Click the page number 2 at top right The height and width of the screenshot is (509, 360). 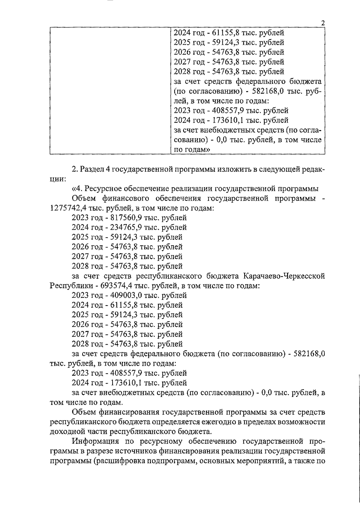tap(323, 23)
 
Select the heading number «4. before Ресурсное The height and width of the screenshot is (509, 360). tap(79, 189)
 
